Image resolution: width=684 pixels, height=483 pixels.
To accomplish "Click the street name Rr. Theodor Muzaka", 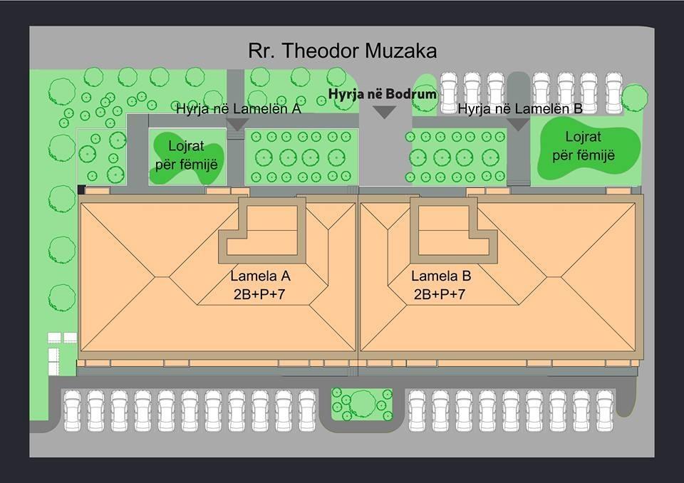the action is click(x=343, y=51).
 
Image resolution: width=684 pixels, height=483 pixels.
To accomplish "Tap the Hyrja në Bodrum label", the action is click(x=383, y=94).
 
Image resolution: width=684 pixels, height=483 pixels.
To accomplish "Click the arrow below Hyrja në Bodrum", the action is click(x=385, y=113).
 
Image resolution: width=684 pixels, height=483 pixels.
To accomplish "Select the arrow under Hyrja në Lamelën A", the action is click(x=238, y=125).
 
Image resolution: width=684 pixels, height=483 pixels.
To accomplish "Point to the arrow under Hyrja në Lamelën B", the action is click(x=518, y=125).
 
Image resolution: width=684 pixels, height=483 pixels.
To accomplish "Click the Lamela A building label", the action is click(x=260, y=276).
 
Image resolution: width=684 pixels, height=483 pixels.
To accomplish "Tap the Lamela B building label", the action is click(x=440, y=276).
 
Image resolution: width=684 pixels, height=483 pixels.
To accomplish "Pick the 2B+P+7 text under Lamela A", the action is click(x=259, y=294).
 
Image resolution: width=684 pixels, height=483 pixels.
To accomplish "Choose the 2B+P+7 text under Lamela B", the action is click(x=440, y=294).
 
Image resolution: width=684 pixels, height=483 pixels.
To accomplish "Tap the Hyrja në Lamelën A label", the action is click(x=238, y=109).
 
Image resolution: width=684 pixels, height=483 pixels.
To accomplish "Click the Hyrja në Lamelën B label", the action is click(x=520, y=109).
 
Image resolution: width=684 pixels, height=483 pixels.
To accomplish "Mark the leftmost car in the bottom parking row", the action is click(x=73, y=411).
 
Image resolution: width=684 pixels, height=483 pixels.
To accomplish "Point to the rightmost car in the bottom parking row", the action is click(x=605, y=411).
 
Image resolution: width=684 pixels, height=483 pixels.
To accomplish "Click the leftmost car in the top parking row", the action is click(x=448, y=93).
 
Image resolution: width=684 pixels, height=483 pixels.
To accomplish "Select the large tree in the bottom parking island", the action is click(x=363, y=404).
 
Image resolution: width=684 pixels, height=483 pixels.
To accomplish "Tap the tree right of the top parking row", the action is click(x=634, y=98).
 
